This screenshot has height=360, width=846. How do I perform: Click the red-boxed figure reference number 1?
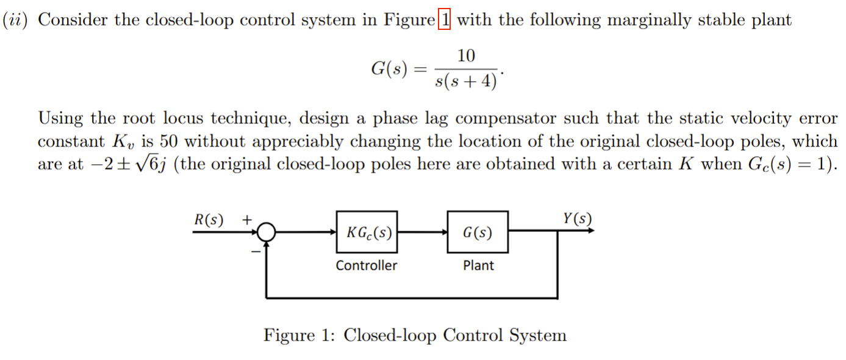point(445,20)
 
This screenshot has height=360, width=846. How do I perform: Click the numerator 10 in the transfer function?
point(465,56)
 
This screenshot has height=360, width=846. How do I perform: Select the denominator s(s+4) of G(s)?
point(465,81)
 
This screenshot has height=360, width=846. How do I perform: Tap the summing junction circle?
point(267,232)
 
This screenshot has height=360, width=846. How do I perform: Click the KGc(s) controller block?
point(367,232)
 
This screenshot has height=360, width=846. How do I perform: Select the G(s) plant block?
point(478,232)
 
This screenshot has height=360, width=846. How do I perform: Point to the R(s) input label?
point(209,219)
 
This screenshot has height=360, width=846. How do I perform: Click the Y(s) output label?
point(577,218)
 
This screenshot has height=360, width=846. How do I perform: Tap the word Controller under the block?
point(366,265)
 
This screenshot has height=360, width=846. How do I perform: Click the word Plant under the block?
point(478,265)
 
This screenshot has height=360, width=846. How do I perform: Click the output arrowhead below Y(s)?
point(590,232)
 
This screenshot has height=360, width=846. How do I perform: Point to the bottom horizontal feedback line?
point(412,298)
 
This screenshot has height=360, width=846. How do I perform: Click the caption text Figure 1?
point(298,336)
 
